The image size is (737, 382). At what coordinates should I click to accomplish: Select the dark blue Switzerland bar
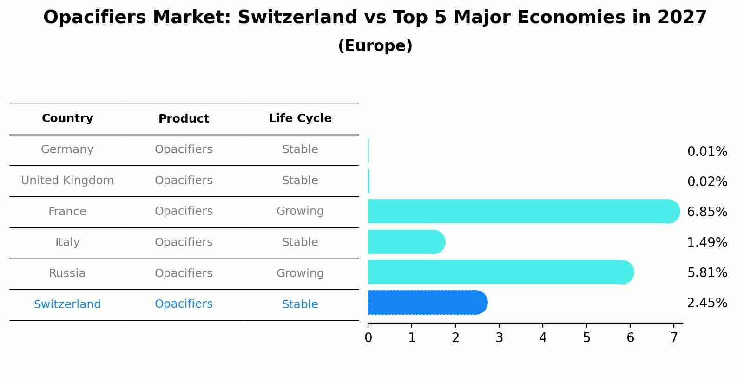point(427,303)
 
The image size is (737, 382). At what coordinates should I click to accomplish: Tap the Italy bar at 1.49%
point(406,242)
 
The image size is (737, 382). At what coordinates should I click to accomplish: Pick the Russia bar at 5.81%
point(500,272)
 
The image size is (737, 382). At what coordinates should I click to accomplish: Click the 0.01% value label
point(706,152)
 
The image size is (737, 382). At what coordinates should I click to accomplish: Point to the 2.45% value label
point(706,303)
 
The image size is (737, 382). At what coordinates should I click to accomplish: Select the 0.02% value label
point(706,181)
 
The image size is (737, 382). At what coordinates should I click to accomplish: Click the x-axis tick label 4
point(543,338)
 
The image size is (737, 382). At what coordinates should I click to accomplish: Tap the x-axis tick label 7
point(674,338)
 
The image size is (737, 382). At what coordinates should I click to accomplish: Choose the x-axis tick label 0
point(368,338)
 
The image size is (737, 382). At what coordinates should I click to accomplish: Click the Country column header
point(67,118)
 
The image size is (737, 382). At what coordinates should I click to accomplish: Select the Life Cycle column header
point(300,118)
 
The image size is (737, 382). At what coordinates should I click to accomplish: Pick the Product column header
point(184,119)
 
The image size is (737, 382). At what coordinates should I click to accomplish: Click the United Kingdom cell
point(67,181)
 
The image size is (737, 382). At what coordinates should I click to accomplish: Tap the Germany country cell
point(67,149)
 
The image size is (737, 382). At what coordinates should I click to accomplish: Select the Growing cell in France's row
point(300,211)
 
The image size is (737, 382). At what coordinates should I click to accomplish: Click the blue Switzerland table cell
point(67,304)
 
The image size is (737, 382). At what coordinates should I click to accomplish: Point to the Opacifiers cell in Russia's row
point(184,273)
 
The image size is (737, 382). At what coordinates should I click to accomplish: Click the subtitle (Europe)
point(375,46)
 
